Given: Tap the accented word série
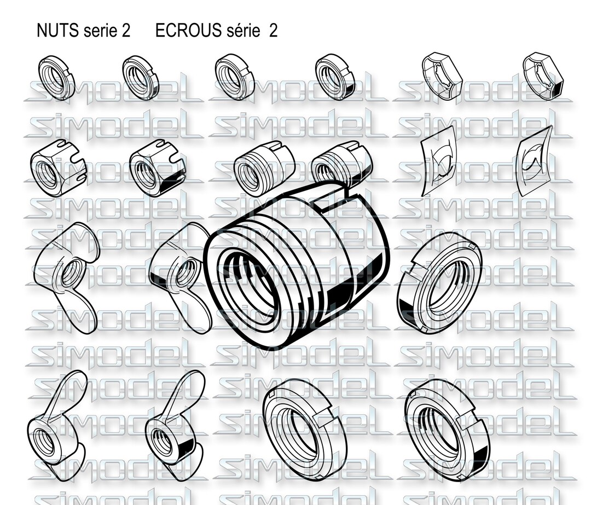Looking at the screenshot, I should (x=242, y=31).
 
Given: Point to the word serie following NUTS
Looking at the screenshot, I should (x=100, y=31).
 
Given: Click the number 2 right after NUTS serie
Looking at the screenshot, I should (x=126, y=31).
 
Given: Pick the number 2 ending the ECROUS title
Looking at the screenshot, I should (x=273, y=31).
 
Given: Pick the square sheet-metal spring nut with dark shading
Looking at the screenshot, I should (x=534, y=159).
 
